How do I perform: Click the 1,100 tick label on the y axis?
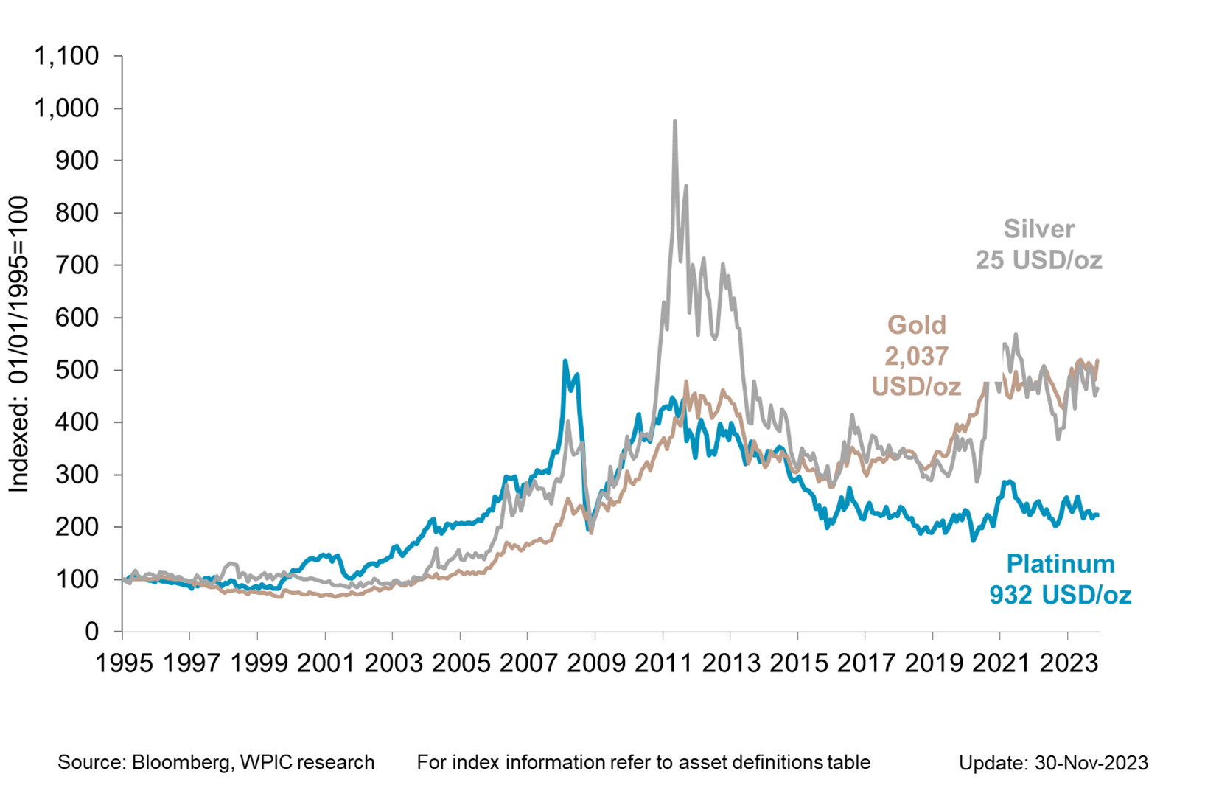[x=66, y=56]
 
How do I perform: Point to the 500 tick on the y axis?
[x=77, y=370]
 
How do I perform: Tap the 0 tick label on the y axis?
[x=91, y=632]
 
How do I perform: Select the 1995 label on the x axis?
[x=124, y=663]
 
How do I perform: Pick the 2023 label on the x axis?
[x=1069, y=663]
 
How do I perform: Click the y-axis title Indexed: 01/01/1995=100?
[x=18, y=344]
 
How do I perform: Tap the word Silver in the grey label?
[x=1038, y=229]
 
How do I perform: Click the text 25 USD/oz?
[x=1038, y=260]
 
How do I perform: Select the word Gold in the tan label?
[x=916, y=325]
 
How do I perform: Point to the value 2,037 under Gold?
[x=916, y=356]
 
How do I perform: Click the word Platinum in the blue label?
[x=1060, y=564]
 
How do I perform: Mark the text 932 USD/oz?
[x=1060, y=595]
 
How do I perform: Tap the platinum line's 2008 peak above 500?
[x=565, y=361]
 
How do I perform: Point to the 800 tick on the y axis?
[x=77, y=213]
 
